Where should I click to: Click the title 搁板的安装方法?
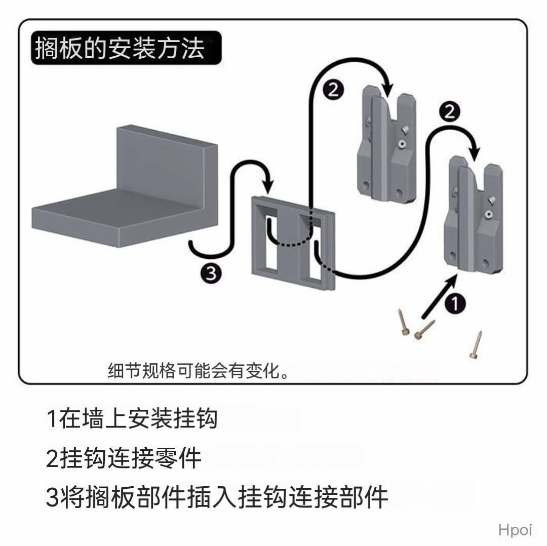click(120, 49)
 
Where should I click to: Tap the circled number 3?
click(210, 274)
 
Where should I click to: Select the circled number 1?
click(455, 304)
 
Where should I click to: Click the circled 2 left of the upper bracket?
click(333, 90)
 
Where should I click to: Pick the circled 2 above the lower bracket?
click(449, 112)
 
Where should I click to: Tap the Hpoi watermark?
click(515, 530)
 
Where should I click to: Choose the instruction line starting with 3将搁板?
click(217, 497)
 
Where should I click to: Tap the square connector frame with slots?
click(294, 243)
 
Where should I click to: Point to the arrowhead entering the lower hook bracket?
click(475, 152)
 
